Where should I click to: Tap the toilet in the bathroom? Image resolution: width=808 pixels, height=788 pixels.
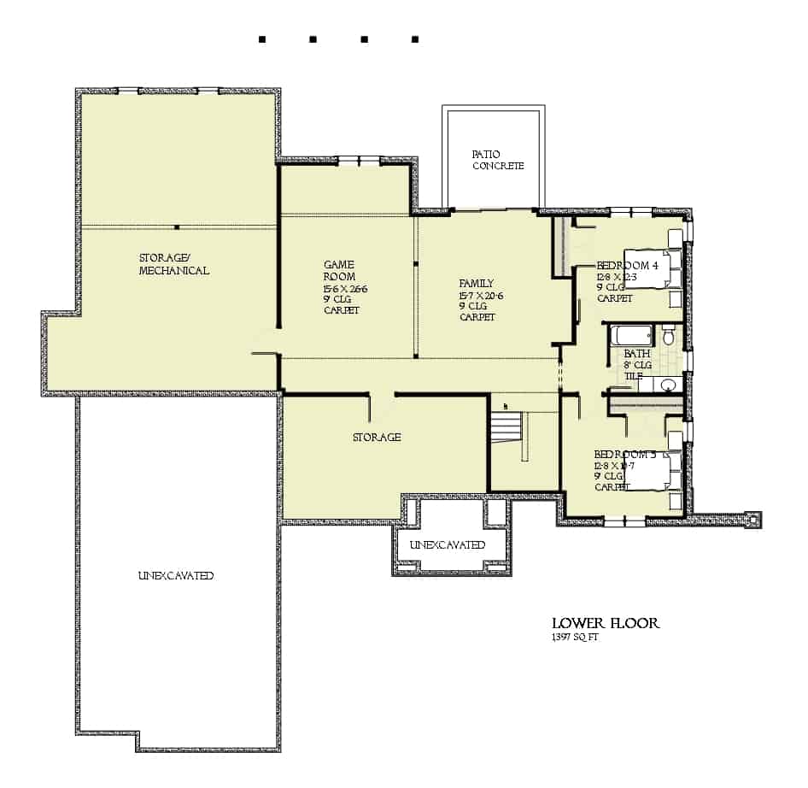click(x=669, y=338)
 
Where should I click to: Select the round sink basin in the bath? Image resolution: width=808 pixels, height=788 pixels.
click(x=670, y=384)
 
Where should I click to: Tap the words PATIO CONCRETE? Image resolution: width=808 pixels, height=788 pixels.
click(x=497, y=160)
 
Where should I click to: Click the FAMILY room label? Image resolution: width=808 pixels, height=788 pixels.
click(x=476, y=283)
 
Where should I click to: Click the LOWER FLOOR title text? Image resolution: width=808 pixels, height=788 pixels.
click(x=605, y=623)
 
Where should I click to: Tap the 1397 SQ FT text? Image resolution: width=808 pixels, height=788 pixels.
click(x=576, y=638)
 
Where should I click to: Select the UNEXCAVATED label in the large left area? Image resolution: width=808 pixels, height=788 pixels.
click(x=175, y=575)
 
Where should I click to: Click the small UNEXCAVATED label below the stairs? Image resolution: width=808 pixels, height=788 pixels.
click(x=447, y=544)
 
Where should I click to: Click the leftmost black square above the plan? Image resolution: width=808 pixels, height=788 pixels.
click(x=262, y=39)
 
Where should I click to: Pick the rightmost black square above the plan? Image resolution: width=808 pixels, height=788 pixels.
click(x=415, y=39)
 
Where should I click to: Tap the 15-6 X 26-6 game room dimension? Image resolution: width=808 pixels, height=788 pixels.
click(x=345, y=289)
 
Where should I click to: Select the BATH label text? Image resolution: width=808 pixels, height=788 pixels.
click(x=636, y=353)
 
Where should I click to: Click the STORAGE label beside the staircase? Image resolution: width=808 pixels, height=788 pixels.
click(x=377, y=437)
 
